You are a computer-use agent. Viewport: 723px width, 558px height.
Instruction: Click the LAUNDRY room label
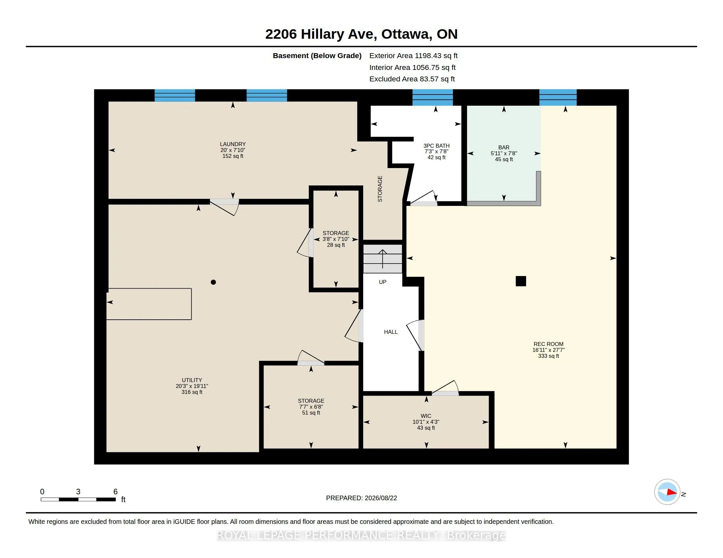tap(233, 144)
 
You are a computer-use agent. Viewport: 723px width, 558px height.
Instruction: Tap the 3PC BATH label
tap(436, 146)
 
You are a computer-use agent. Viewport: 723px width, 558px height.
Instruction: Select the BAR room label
tap(504, 147)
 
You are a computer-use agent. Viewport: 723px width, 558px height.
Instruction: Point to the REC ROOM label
tap(548, 344)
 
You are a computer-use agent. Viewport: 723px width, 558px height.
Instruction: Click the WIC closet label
tap(426, 416)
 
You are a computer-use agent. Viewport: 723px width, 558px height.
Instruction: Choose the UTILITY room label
tap(192, 380)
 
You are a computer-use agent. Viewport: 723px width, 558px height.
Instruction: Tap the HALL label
tap(391, 332)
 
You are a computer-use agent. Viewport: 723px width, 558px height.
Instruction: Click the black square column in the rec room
tap(521, 281)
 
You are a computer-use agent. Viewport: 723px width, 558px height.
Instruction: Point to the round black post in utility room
tap(214, 282)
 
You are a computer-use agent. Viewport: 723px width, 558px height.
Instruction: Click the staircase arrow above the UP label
tap(383, 259)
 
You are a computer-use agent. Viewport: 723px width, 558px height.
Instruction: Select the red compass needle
tap(672, 492)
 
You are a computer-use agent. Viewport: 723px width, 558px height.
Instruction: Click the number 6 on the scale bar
tap(116, 492)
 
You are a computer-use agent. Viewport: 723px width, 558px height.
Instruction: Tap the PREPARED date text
tap(361, 498)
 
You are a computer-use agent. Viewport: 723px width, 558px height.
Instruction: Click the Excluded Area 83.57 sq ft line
tap(412, 79)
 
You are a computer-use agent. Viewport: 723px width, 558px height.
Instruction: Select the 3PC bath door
tap(424, 198)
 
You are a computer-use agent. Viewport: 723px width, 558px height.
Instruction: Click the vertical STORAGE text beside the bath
tap(380, 189)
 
